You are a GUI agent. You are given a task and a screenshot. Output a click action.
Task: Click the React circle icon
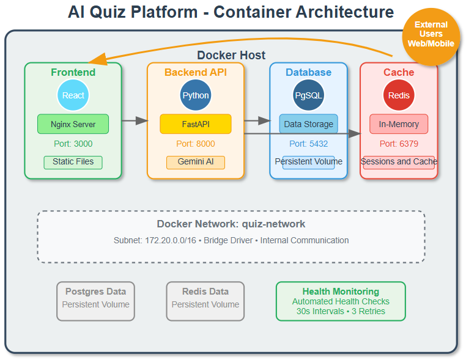pos(73,95)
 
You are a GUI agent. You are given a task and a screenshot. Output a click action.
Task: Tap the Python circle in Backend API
pos(196,95)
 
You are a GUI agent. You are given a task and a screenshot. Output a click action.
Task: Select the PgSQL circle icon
pos(308,95)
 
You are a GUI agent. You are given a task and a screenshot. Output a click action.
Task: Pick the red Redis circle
pos(399,95)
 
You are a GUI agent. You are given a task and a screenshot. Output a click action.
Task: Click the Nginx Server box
pos(73,124)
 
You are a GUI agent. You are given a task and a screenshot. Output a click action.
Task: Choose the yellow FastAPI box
pos(196,124)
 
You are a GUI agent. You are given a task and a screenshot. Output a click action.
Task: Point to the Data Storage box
pos(308,124)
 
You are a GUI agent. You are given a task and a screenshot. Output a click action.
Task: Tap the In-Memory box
pos(399,124)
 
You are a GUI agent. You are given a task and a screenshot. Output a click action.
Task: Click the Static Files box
pos(73,162)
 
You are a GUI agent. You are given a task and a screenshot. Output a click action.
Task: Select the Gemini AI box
pos(196,162)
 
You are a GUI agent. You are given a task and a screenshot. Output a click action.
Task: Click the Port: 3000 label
pos(73,144)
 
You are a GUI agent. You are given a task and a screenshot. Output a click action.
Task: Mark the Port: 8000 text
pos(196,144)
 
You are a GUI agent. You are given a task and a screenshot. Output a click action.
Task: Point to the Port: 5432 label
pos(308,144)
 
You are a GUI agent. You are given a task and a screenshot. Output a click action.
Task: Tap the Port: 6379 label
pos(399,144)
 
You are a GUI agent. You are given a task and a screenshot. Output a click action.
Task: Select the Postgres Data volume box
pos(95,301)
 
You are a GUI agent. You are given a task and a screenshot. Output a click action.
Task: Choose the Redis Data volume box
pos(205,301)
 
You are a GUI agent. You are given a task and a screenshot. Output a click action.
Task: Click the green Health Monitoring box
pos(341,301)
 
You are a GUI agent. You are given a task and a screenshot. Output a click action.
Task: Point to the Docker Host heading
pos(231,56)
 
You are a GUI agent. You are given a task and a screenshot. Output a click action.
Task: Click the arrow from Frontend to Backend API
pos(135,121)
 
